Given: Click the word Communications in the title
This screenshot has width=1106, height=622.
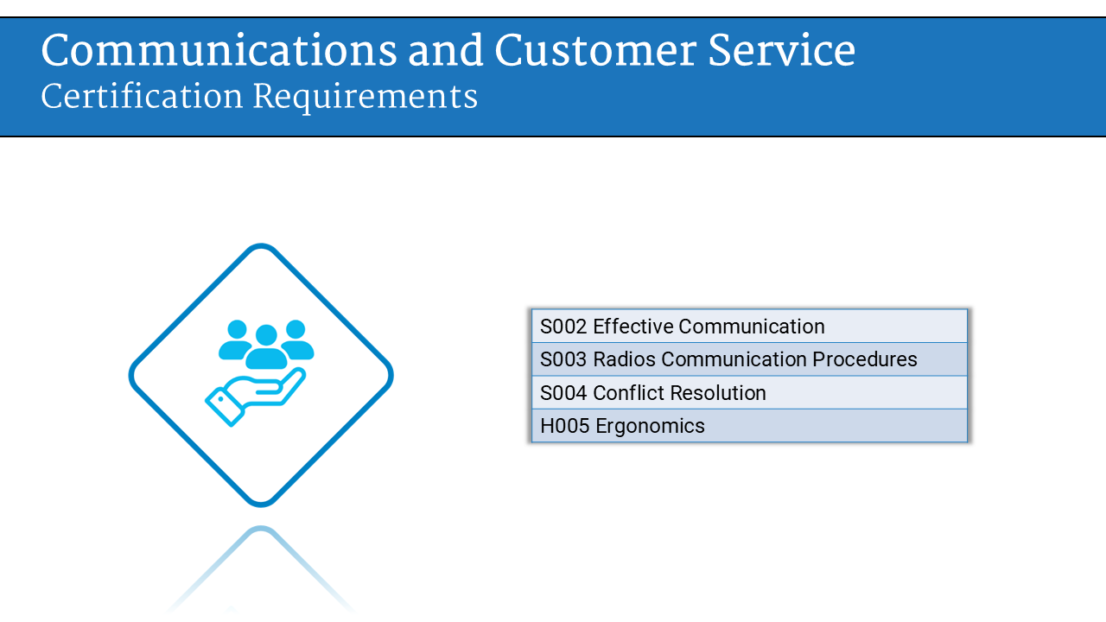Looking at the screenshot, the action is tap(219, 51).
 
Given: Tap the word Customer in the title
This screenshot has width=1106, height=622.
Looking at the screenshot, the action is tap(595, 51).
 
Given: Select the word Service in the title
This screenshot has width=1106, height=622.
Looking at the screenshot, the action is tap(782, 51).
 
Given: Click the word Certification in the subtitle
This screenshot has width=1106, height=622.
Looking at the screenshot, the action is tap(142, 96).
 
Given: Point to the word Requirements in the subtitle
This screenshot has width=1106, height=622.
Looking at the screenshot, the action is tap(365, 98).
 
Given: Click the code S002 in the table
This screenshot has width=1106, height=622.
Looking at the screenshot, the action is tap(563, 327).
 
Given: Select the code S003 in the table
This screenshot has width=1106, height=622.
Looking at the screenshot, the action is tap(563, 359).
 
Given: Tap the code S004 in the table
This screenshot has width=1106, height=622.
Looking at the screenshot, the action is tap(563, 393).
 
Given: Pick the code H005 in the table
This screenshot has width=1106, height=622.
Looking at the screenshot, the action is tap(565, 426).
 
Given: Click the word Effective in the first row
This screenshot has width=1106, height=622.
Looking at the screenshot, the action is tap(632, 327).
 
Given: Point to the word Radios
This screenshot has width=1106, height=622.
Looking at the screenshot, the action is tap(624, 359).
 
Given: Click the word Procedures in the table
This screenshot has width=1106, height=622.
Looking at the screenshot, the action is tap(865, 359).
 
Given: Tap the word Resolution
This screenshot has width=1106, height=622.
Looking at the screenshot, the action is tap(718, 393).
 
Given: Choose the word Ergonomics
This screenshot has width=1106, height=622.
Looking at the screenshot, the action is tap(651, 427).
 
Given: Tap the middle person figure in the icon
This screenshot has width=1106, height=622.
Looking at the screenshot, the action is tap(266, 347).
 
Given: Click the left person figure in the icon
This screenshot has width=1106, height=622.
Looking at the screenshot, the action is tap(236, 340).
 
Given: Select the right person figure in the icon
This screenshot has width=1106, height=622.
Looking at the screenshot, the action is tap(296, 340).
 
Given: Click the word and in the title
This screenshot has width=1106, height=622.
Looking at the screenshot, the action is tap(445, 51).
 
